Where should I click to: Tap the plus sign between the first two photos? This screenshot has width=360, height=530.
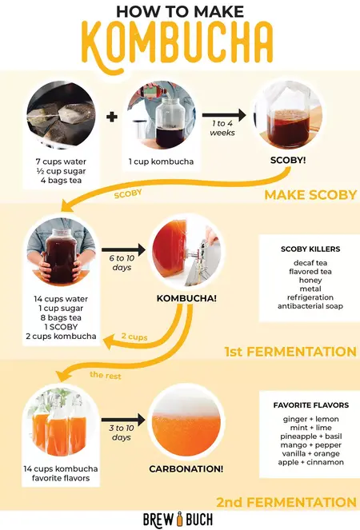[112, 116]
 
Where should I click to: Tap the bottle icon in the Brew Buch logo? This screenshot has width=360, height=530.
[180, 518]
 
